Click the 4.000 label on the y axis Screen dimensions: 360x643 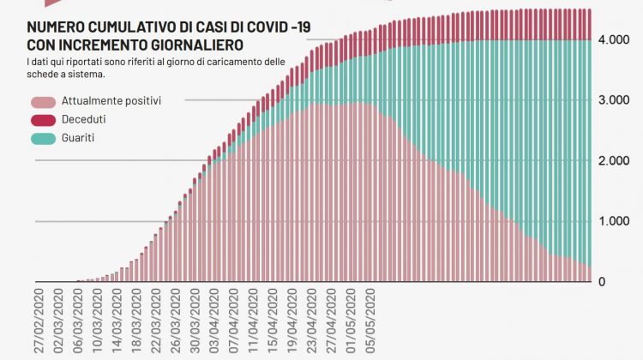616,40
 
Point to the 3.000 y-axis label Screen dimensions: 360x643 616,100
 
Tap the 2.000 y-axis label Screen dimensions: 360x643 616,161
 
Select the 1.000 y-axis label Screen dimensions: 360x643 616,221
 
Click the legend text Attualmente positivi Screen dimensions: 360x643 111,100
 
